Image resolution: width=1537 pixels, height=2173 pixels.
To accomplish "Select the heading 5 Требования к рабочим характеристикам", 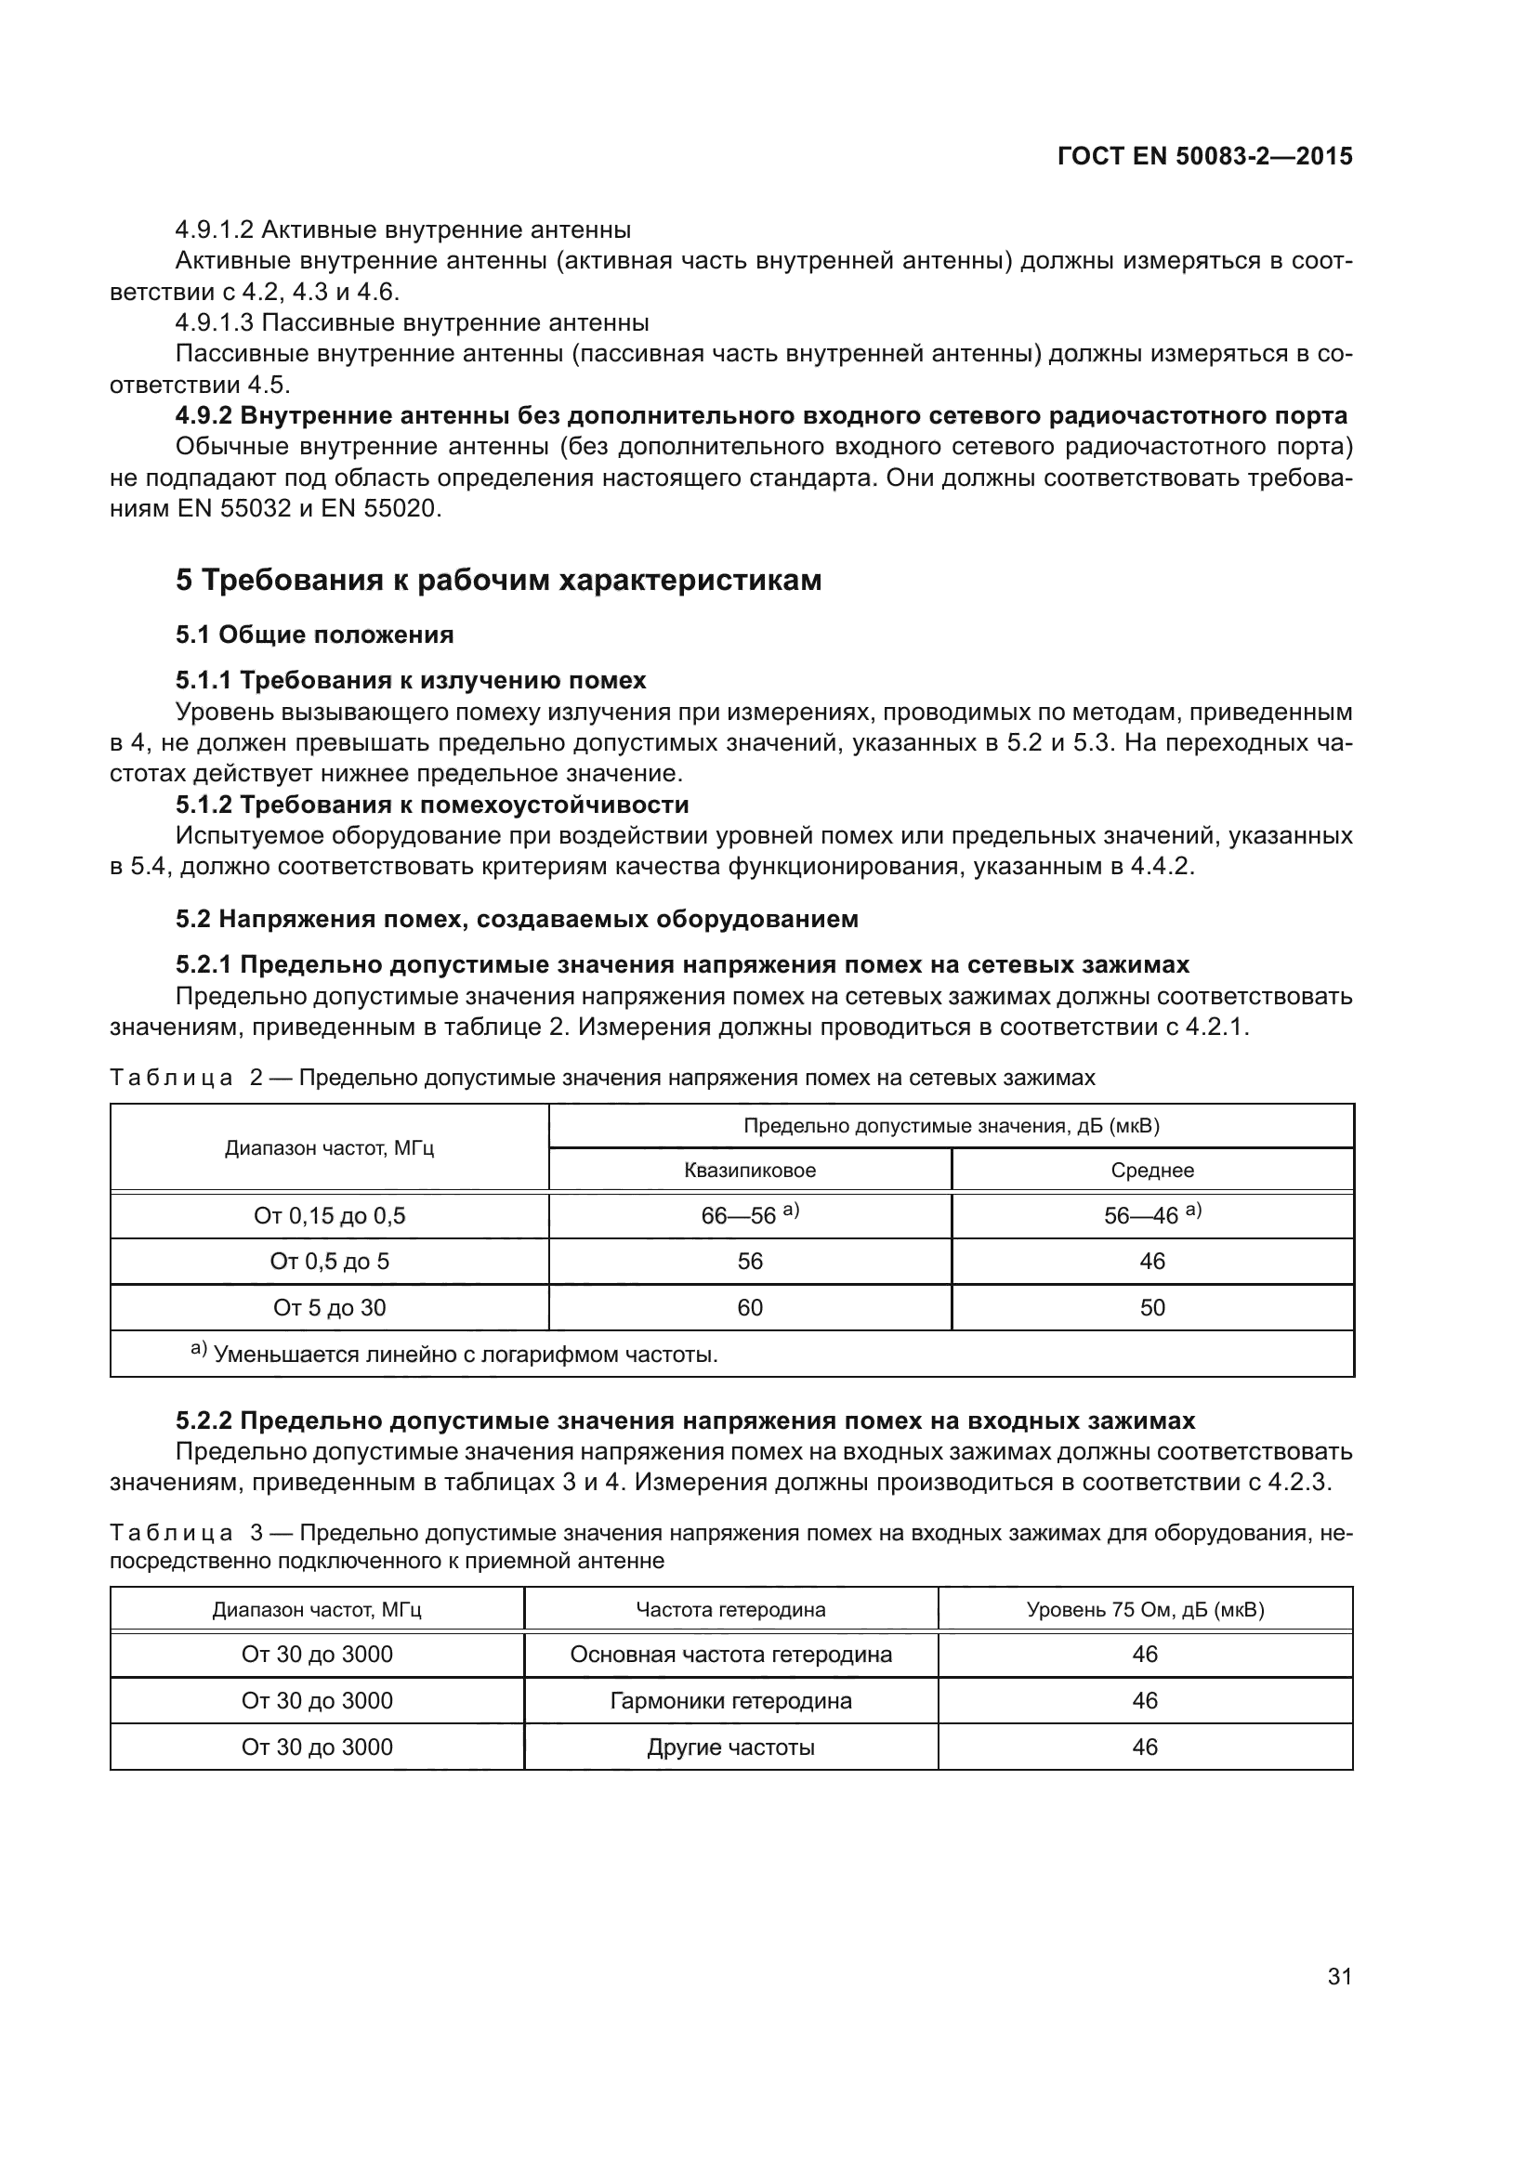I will pyautogui.click(x=498, y=580).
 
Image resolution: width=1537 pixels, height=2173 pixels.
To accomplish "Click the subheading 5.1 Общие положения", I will pyautogui.click(x=314, y=635).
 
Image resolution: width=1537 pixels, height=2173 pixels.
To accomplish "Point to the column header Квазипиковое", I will pyautogui.click(x=750, y=1171).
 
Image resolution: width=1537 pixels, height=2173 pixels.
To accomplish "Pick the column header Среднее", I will pyautogui.click(x=1151, y=1171).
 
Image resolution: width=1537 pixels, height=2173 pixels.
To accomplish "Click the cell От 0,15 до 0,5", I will pyautogui.click(x=329, y=1216).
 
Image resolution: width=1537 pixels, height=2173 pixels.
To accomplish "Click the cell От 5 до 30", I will pyautogui.click(x=329, y=1308).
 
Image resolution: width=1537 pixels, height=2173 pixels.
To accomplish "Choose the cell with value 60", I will pyautogui.click(x=750, y=1308).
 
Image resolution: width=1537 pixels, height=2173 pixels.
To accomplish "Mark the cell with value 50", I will pyautogui.click(x=1151, y=1308).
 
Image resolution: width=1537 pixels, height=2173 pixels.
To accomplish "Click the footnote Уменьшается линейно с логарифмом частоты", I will pyautogui.click(x=464, y=1355).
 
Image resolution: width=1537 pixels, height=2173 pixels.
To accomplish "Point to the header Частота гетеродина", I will pyautogui.click(x=730, y=1610).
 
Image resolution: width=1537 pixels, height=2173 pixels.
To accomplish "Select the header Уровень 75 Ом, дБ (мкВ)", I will pyautogui.click(x=1145, y=1610).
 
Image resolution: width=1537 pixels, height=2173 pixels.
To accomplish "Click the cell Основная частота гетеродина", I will pyautogui.click(x=730, y=1656).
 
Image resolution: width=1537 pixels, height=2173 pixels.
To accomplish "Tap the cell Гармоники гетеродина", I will pyautogui.click(x=730, y=1702).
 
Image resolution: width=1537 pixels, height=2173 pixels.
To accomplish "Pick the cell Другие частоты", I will pyautogui.click(x=730, y=1748).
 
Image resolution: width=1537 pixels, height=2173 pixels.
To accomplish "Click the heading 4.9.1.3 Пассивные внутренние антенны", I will pyautogui.click(x=412, y=323).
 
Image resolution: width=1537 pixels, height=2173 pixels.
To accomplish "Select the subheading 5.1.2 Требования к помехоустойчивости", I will pyautogui.click(x=431, y=805).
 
